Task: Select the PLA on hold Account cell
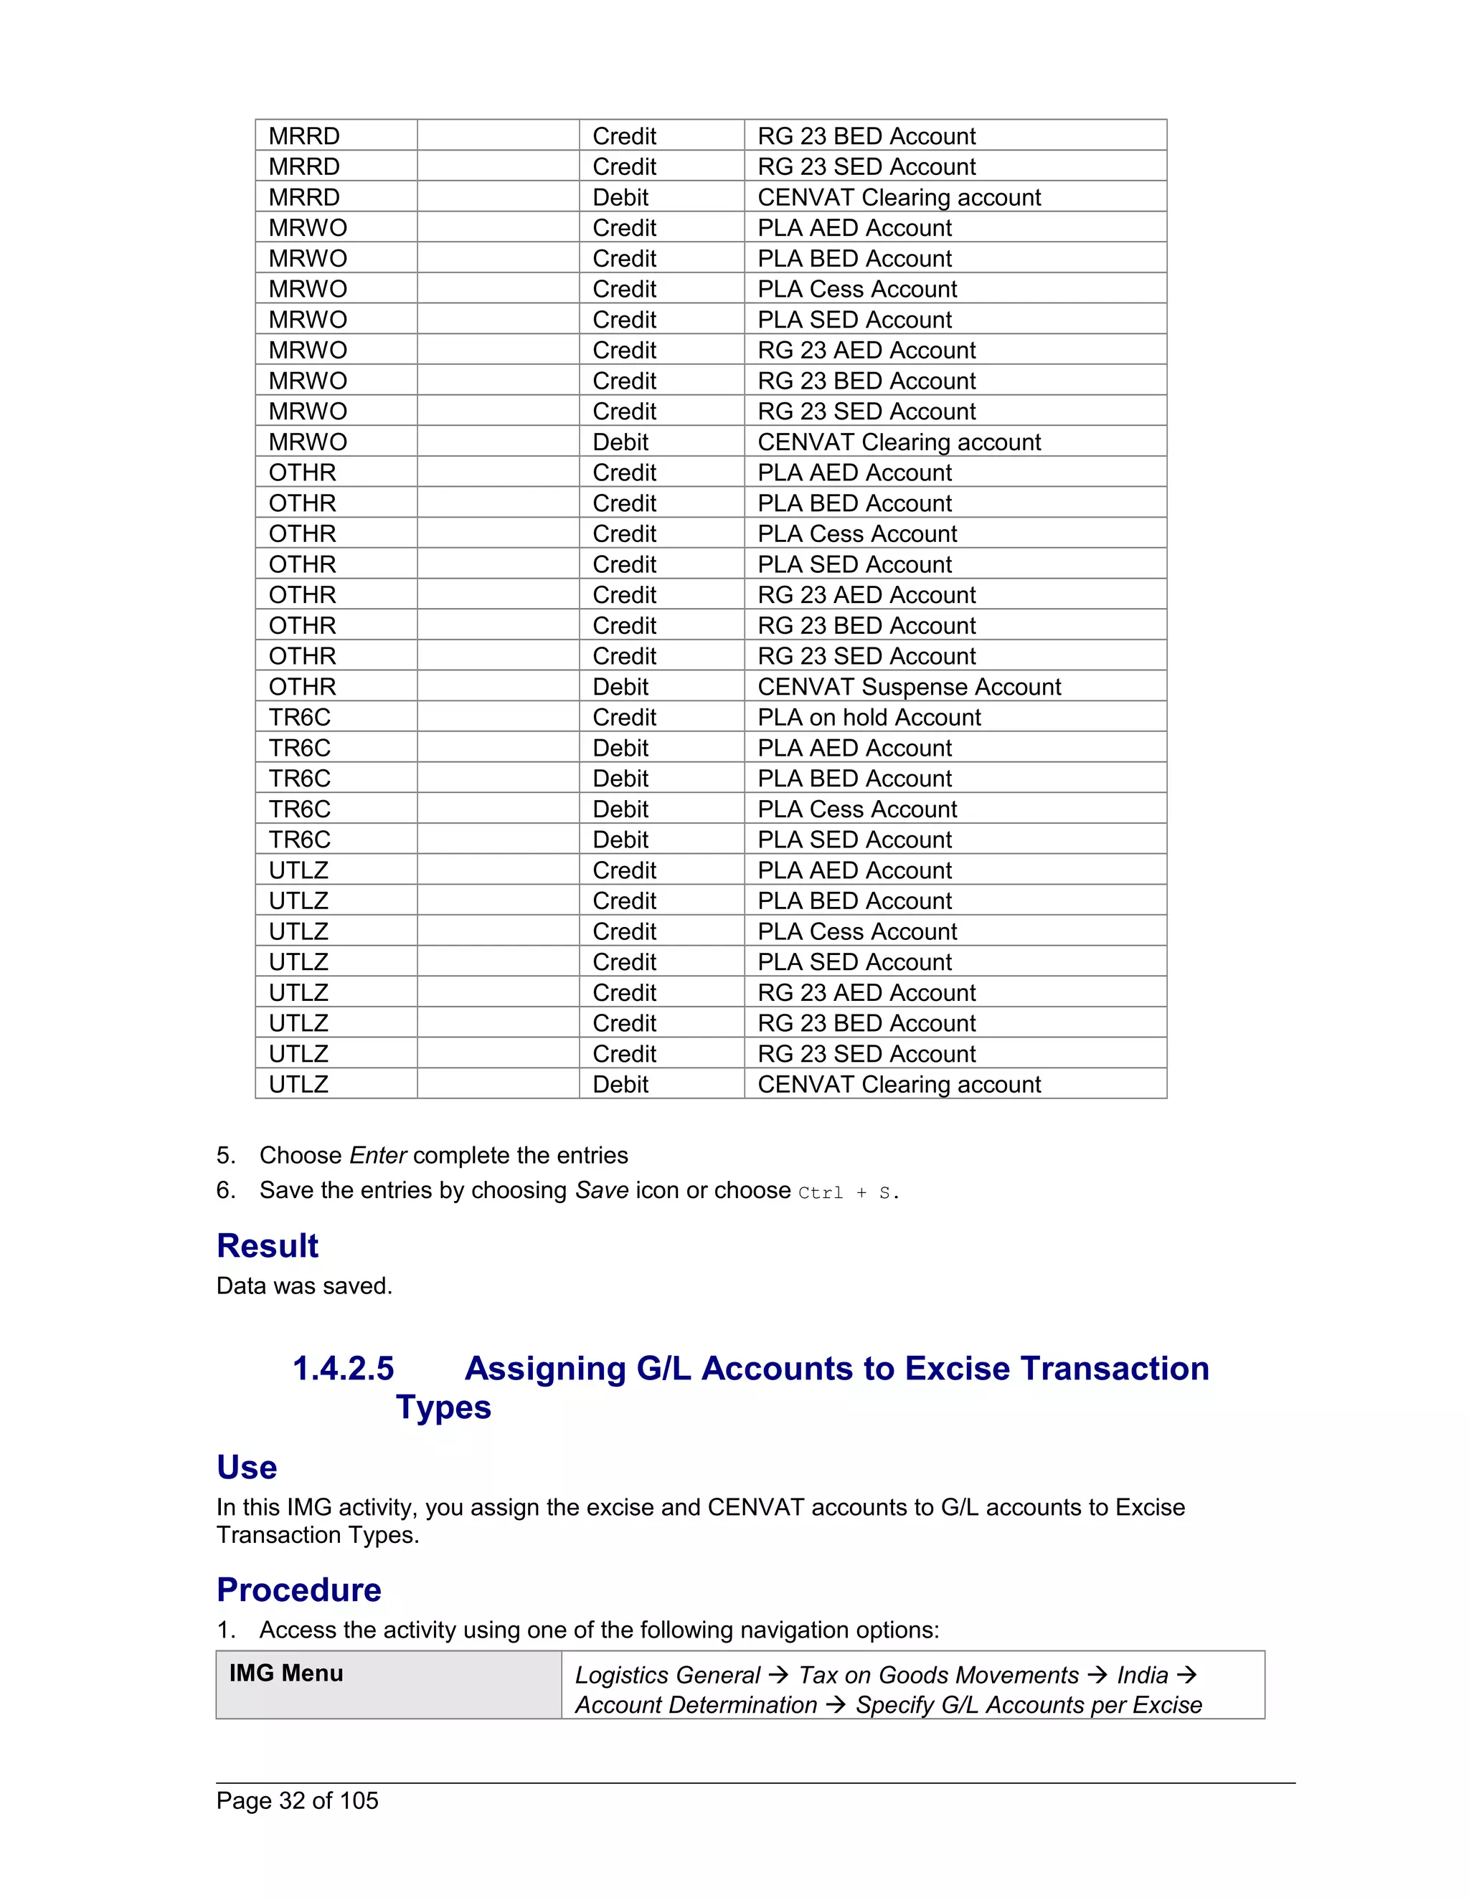(869, 717)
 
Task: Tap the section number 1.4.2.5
(343, 1369)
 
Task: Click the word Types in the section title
(443, 1407)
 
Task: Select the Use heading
(246, 1467)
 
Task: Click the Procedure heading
(298, 1590)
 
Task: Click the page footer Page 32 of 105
(297, 1800)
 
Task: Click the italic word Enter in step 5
(378, 1155)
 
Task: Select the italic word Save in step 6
(601, 1190)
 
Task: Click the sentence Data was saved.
(305, 1286)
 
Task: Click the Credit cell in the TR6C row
(624, 717)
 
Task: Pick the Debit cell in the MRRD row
(620, 197)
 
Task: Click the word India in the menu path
(1142, 1675)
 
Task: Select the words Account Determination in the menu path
(695, 1704)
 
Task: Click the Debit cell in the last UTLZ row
(620, 1084)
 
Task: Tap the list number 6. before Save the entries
(225, 1190)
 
